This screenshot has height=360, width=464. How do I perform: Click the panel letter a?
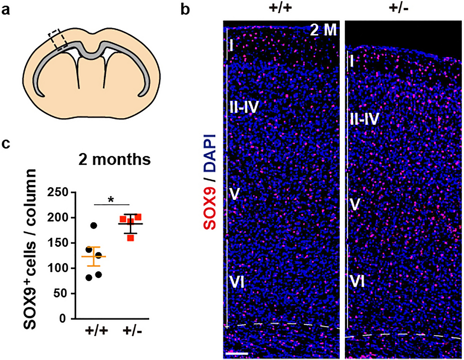[x=6, y=10]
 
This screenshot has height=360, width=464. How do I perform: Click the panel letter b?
[x=185, y=9]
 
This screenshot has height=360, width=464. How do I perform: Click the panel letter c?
[x=6, y=143]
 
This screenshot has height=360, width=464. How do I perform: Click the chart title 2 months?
[x=114, y=160]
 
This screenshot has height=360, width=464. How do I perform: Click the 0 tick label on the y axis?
[x=62, y=319]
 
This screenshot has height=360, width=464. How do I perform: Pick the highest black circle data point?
[x=93, y=225]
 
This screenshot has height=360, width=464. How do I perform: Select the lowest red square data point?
[x=130, y=237]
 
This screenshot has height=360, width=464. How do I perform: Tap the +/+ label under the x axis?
[x=96, y=331]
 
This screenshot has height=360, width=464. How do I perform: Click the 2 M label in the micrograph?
[x=323, y=31]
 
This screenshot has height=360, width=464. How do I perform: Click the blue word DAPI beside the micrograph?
[x=210, y=153]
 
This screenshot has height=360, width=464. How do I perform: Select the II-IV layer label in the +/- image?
[x=364, y=119]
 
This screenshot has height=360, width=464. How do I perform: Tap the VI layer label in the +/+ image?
[x=236, y=282]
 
